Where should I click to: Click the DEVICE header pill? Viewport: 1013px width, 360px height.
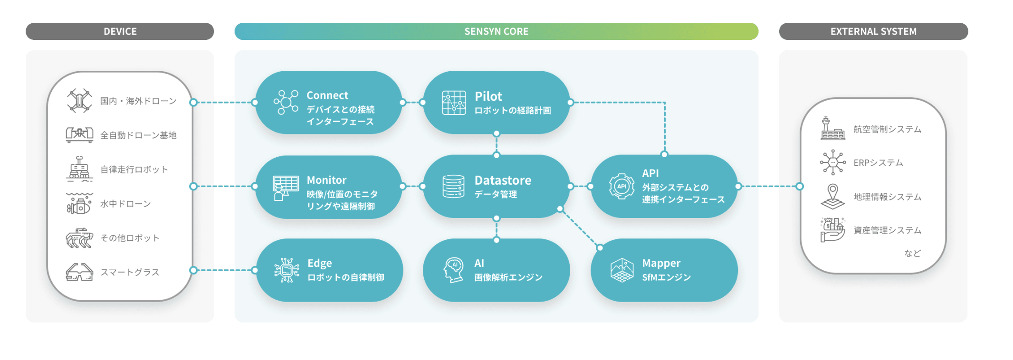tap(120, 31)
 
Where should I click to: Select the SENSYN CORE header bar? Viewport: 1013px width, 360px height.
tap(496, 31)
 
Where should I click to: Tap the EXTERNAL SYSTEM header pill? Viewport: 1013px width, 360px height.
tap(873, 31)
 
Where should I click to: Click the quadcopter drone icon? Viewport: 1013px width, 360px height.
tap(79, 101)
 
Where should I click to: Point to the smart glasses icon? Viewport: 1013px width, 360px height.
tap(79, 272)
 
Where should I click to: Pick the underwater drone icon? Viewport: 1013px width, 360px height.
tap(79, 204)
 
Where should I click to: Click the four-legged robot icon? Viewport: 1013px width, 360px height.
tap(79, 238)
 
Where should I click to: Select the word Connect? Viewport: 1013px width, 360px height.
tap(327, 95)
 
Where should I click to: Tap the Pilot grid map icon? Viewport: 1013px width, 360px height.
tap(454, 103)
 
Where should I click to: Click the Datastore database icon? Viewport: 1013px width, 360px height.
tap(453, 186)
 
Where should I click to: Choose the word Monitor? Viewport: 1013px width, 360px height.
tap(327, 180)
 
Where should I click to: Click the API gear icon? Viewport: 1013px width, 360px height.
tap(621, 186)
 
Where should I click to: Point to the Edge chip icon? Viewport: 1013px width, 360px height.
tap(287, 270)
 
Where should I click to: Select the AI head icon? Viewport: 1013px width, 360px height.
tap(454, 270)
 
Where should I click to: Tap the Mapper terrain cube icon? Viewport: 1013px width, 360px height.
tap(622, 270)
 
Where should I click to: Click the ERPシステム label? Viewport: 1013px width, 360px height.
tap(878, 163)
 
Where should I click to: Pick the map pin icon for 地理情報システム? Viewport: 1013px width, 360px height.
tap(832, 197)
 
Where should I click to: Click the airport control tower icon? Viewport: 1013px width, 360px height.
tap(832, 128)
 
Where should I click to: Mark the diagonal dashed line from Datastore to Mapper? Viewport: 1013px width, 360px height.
tap(580, 228)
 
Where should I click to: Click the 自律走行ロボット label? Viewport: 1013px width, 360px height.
tap(134, 170)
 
